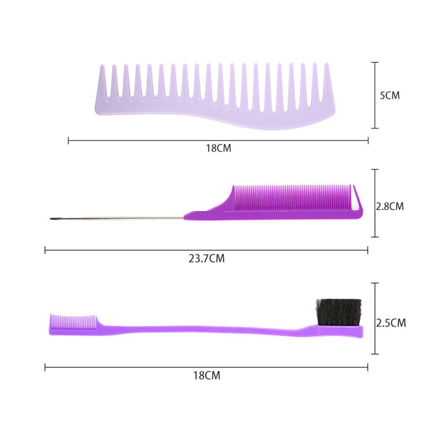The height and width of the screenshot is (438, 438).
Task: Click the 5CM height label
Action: [389, 96]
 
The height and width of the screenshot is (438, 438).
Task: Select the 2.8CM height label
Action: [389, 206]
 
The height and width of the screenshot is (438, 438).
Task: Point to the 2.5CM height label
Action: [391, 323]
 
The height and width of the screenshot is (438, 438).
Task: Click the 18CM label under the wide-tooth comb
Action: [219, 148]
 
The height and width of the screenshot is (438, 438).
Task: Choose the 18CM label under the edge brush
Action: [207, 376]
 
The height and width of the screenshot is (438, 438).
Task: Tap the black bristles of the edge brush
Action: [338, 312]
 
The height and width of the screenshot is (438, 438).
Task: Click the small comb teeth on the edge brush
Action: [73, 322]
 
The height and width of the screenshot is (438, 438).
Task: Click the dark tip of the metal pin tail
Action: [53, 219]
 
